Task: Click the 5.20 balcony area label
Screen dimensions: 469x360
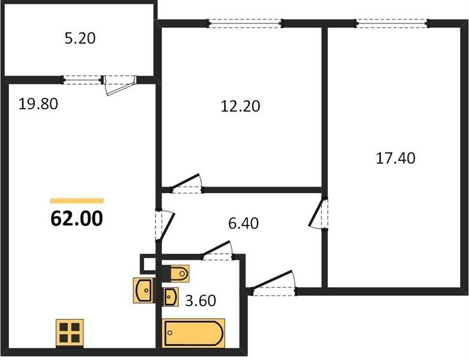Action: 80,38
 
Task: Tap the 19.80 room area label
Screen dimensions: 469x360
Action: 38,104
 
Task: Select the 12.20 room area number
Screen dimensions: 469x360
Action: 240,106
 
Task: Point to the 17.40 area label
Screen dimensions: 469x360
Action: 395,158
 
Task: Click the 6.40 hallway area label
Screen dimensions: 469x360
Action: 243,223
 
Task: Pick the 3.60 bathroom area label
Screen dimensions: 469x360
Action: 201,301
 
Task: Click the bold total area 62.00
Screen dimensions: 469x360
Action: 77,218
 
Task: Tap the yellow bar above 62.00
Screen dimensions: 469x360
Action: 77,201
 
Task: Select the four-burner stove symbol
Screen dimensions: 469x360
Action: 70,332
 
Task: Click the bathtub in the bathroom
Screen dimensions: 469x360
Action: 193,333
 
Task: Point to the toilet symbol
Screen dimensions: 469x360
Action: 176,274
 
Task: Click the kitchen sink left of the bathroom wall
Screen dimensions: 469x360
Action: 144,290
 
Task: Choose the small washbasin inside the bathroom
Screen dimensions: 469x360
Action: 170,296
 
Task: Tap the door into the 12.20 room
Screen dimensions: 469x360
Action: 187,184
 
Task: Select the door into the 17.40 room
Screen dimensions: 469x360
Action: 318,214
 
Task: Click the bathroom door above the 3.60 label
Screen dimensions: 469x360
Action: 217,250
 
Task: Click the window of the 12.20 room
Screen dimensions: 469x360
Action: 245,23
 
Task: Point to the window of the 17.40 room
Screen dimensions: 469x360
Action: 392,23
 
